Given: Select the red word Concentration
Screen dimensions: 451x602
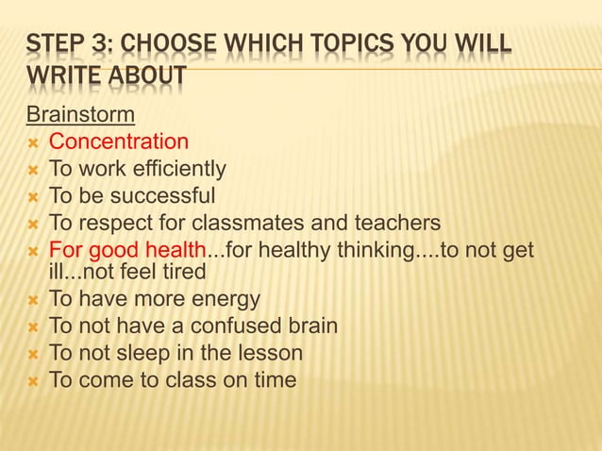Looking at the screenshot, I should (118, 142).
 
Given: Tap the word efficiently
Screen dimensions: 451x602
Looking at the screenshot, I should (180, 169).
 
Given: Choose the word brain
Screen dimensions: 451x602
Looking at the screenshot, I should (309, 326).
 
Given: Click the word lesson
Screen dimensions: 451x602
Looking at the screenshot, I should (269, 354).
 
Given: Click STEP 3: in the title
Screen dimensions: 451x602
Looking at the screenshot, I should (69, 45).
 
